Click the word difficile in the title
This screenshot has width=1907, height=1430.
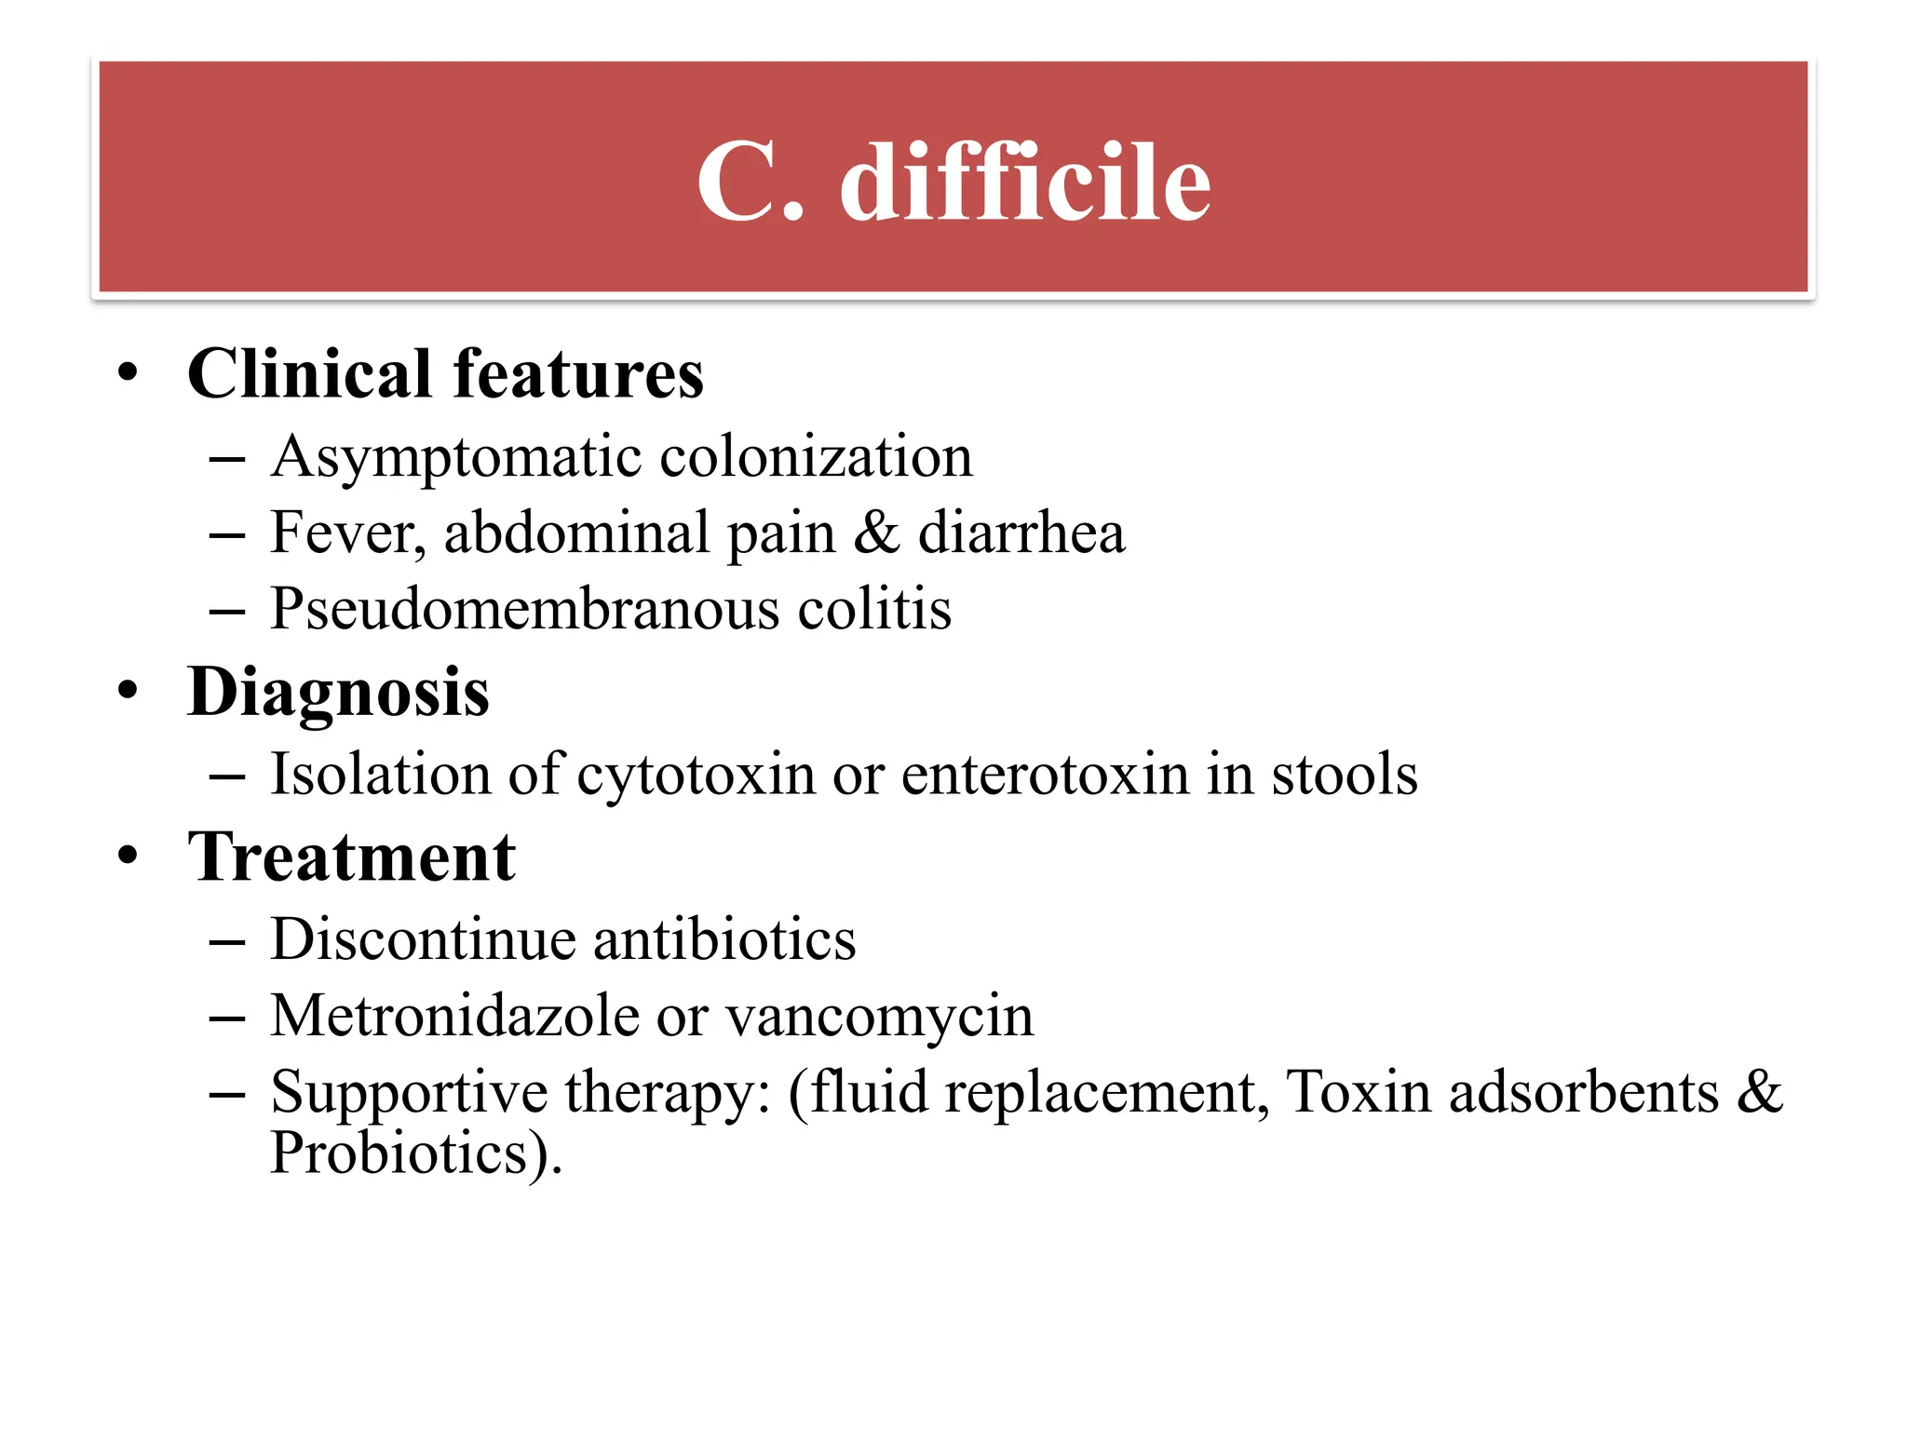(1024, 183)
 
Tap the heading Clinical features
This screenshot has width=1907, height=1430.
(445, 374)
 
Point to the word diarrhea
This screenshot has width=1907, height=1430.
(1021, 533)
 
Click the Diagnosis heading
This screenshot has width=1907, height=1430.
(338, 693)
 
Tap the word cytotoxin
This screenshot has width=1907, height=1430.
(696, 776)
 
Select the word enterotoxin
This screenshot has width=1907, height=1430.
(1046, 776)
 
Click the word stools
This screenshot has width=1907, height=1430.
(1345, 776)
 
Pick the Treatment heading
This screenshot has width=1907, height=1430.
(351, 857)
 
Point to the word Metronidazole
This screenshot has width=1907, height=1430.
(455, 1016)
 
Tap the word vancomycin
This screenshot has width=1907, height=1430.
(879, 1018)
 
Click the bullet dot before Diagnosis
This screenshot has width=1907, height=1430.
(128, 692)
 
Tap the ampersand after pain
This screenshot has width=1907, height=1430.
(876, 533)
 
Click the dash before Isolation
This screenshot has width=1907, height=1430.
(227, 776)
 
